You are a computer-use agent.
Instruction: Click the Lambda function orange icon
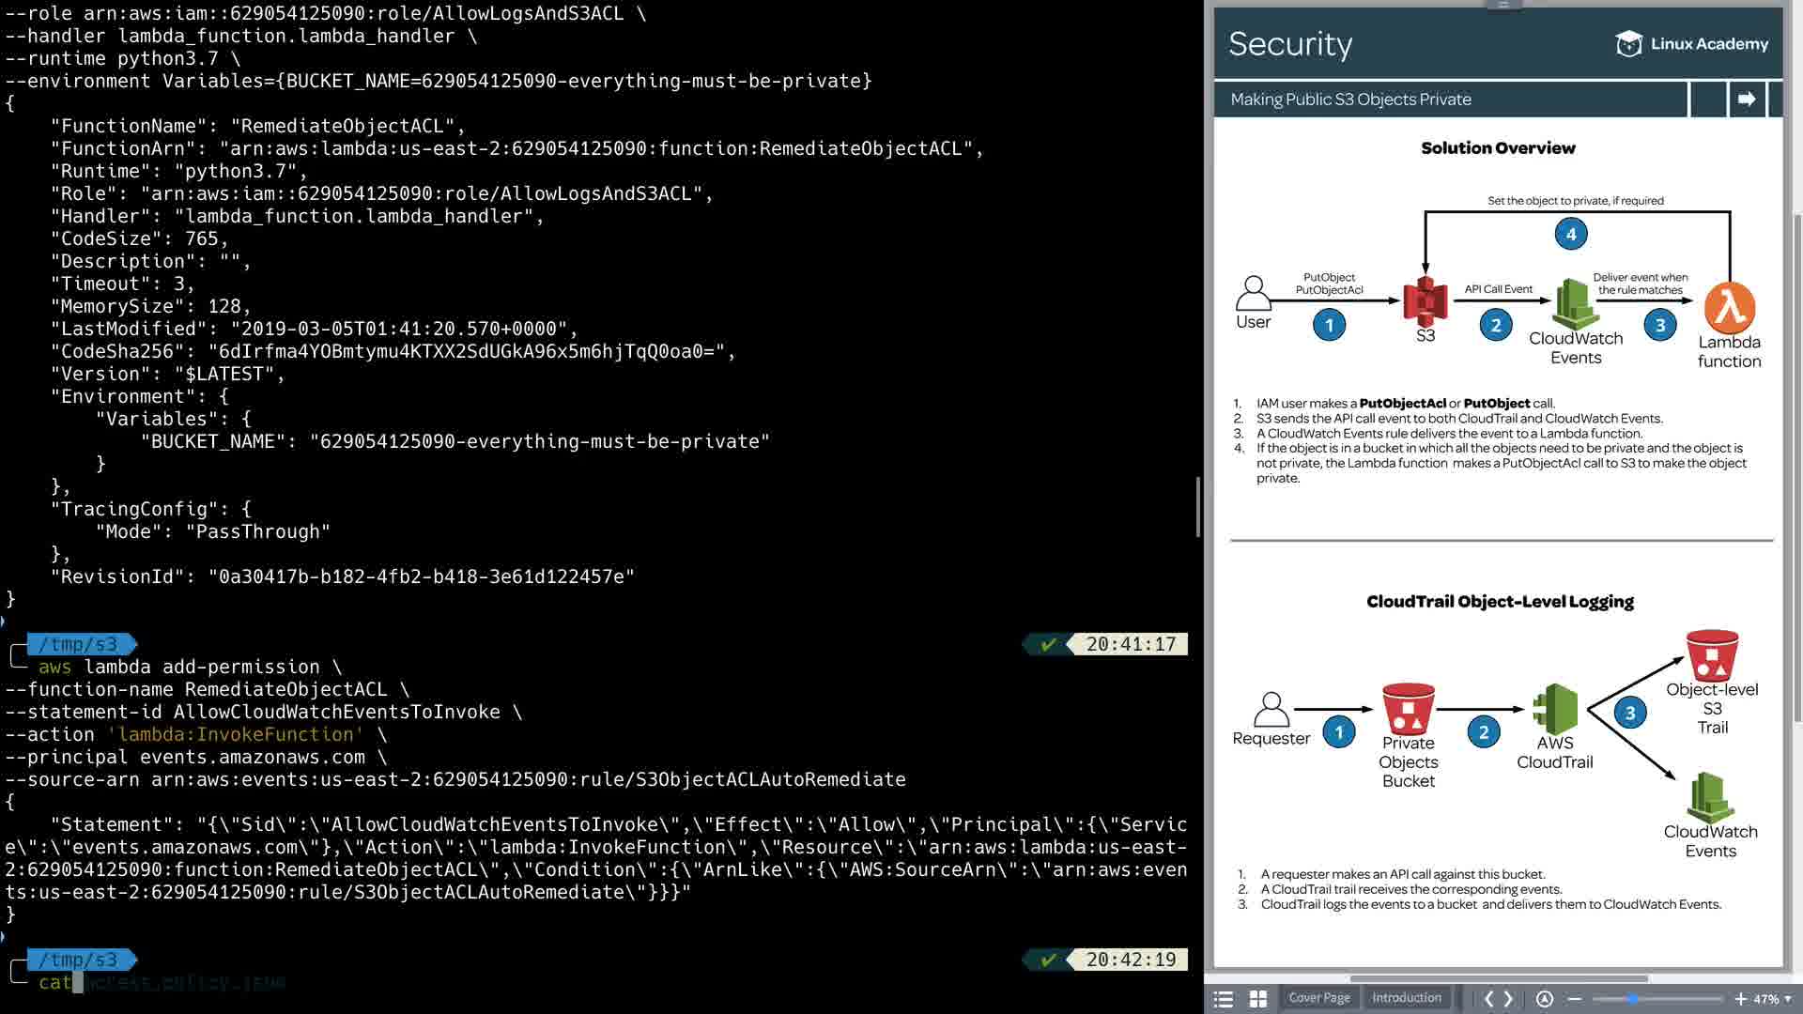1729,308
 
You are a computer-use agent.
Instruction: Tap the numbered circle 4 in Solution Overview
1571,234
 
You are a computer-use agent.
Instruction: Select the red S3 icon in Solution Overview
1425,300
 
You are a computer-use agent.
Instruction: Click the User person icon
1253,293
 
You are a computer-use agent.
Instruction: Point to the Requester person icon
1271,710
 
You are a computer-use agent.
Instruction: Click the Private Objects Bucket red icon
1408,709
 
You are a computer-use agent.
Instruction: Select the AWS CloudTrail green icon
1554,709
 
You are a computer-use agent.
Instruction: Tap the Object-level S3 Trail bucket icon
1712,655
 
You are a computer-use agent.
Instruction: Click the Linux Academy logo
1691,44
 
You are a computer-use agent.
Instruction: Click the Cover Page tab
1318,998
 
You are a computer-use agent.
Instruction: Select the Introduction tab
1406,998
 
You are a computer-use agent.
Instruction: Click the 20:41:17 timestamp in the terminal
1131,644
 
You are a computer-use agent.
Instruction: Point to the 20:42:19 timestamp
1131,960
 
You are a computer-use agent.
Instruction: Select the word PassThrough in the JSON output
258,531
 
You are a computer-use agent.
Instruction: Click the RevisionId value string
422,576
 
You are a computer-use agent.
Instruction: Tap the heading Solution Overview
1498,148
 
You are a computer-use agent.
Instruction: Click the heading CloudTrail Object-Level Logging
1500,602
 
